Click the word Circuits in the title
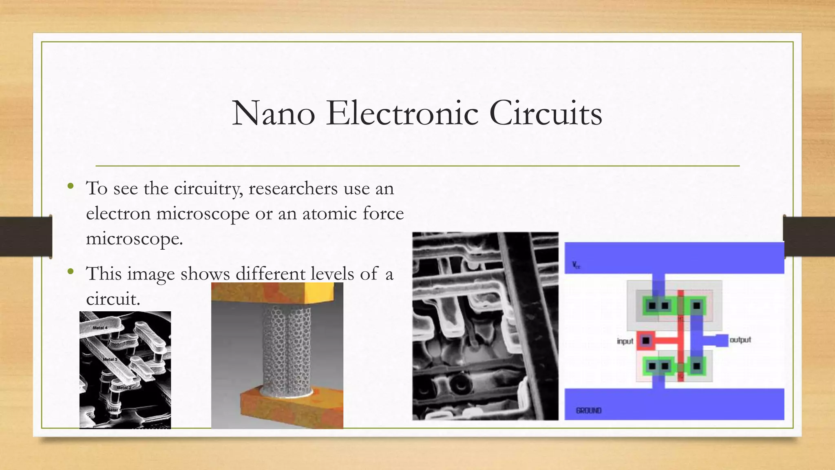tap(546, 113)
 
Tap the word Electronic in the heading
tap(402, 113)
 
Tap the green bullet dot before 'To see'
tap(71, 186)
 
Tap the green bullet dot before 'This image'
tap(71, 271)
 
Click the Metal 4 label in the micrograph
tap(100, 328)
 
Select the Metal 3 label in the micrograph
tap(110, 359)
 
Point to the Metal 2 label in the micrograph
tap(124, 387)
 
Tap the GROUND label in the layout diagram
tap(588, 410)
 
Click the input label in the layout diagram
tap(625, 341)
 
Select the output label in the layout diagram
tap(740, 340)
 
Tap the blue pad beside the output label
tap(721, 340)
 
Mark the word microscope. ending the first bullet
tap(134, 238)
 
